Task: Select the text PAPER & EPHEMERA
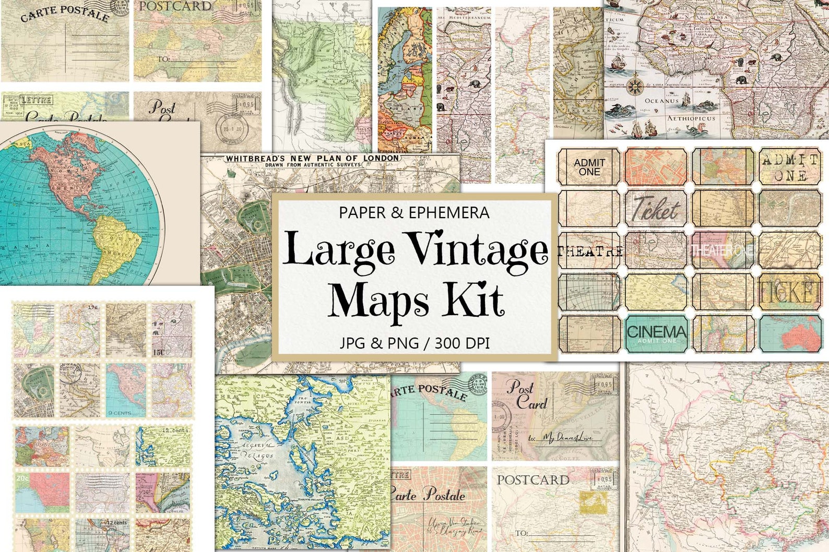(414, 213)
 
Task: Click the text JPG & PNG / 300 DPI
(414, 343)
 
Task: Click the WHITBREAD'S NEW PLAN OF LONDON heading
(312, 159)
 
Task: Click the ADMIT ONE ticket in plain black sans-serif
(589, 167)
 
